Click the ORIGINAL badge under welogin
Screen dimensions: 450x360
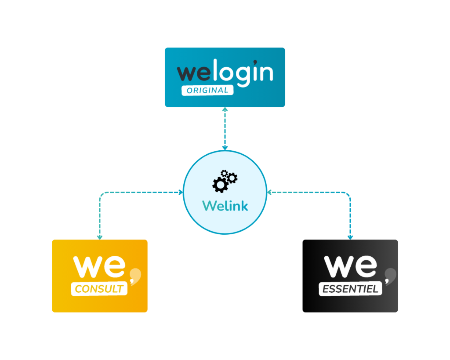(207, 91)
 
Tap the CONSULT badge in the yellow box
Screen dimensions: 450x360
(99, 289)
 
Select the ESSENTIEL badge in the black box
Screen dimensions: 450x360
(350, 289)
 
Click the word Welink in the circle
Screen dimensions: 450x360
(225, 206)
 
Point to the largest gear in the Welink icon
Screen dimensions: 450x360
(220, 185)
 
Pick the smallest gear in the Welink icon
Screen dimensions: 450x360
(224, 173)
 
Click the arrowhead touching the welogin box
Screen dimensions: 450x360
(225, 109)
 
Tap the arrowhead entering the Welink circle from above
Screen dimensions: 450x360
(225, 148)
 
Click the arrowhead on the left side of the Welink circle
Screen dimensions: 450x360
(181, 193)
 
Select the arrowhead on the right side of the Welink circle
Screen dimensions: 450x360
(269, 193)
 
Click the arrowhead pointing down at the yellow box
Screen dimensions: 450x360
(100, 237)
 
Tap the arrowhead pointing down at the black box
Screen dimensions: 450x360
(350, 237)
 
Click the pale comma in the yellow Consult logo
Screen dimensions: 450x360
(135, 276)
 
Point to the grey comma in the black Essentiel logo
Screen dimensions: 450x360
(390, 276)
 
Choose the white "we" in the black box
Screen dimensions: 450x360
(350, 266)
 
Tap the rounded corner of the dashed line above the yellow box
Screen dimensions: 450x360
(102, 194)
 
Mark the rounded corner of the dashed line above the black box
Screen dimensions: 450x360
(348, 194)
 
